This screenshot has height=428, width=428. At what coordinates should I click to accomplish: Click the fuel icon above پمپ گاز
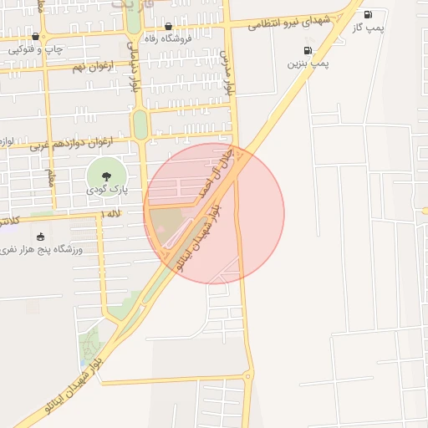(x=369, y=14)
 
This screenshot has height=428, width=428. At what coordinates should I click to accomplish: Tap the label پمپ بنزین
(x=308, y=63)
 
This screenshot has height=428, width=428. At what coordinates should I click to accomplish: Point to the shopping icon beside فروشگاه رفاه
(x=169, y=27)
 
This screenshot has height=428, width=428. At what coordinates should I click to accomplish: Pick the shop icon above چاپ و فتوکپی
(x=35, y=37)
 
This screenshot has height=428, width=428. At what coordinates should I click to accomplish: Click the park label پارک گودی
(x=106, y=190)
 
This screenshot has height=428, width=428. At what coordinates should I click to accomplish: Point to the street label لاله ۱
(x=110, y=214)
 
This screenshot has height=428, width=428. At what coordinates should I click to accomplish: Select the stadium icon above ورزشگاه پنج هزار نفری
(x=41, y=237)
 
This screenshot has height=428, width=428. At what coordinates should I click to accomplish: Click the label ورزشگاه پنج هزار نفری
(x=41, y=249)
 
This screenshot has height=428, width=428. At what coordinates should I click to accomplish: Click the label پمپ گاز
(x=369, y=27)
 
